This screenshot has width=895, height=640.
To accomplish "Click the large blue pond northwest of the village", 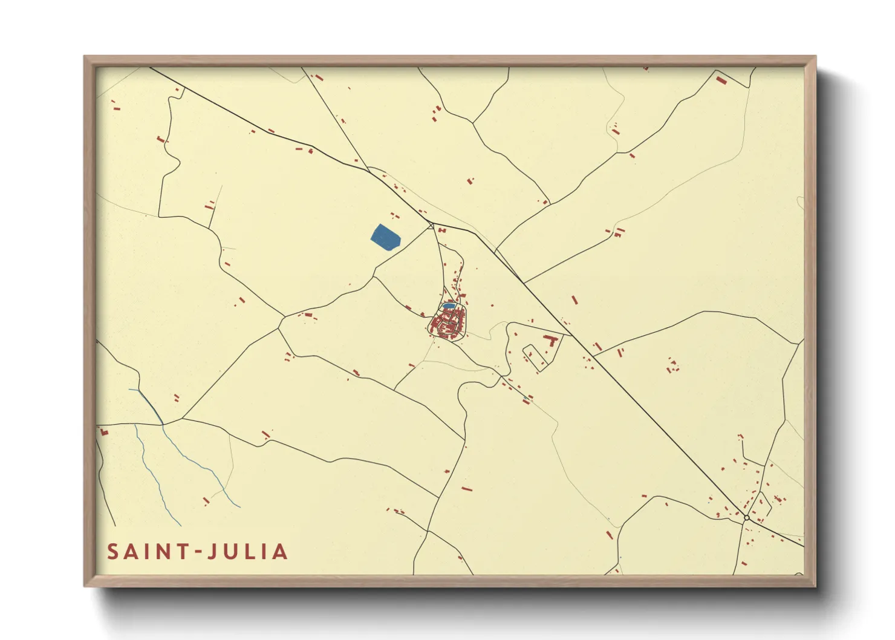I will tap(385, 237).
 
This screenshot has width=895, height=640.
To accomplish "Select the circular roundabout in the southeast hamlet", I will tap(747, 518).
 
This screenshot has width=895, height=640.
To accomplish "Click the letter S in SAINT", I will tap(113, 552).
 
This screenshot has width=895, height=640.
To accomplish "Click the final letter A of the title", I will tap(281, 552).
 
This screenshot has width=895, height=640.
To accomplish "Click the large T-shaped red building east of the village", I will tap(550, 339).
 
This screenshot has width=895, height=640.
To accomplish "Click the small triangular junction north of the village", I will tap(431, 226).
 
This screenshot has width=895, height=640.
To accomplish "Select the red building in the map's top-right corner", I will tap(721, 79).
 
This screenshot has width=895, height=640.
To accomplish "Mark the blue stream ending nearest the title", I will tap(179, 524).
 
